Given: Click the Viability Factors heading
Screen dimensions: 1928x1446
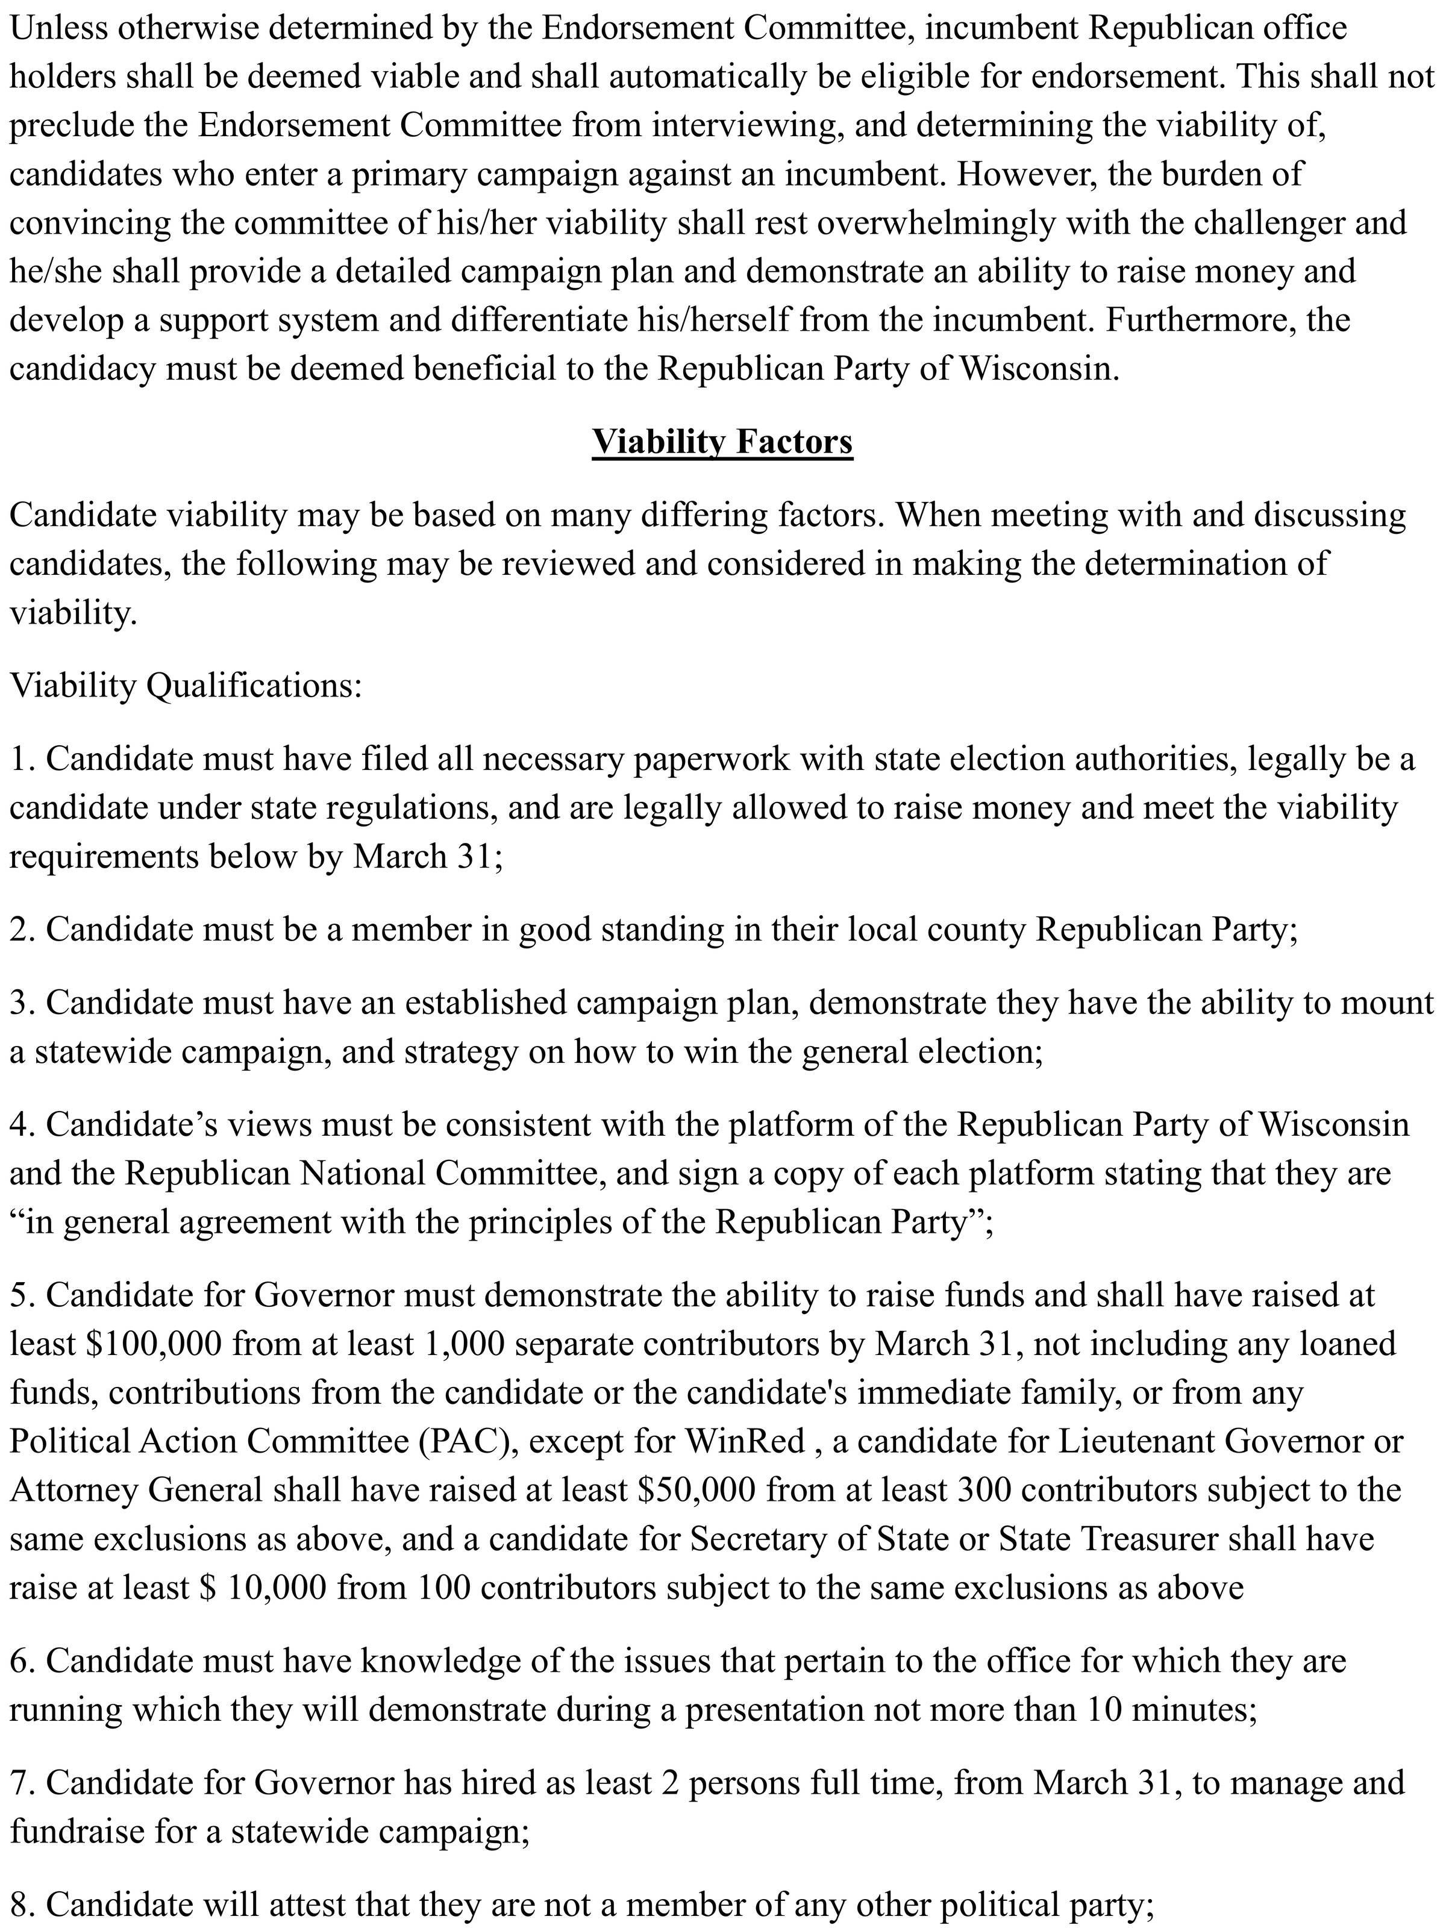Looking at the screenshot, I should point(722,441).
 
